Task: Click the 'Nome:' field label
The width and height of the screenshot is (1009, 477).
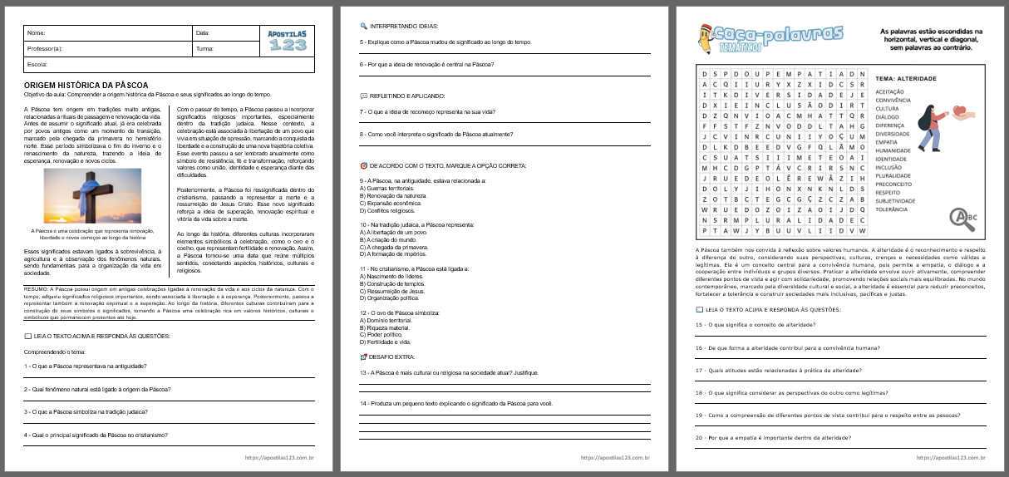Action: [x=36, y=33]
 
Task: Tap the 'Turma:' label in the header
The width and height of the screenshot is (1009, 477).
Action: [x=204, y=48]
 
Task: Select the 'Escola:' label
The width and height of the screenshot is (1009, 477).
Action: [x=37, y=64]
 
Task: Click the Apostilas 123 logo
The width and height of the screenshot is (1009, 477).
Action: [x=288, y=40]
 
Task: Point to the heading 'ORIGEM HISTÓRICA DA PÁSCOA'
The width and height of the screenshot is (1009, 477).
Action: [x=86, y=86]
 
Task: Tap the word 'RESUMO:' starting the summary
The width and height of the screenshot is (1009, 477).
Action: [x=37, y=288]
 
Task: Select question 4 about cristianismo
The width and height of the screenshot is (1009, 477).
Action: [x=96, y=435]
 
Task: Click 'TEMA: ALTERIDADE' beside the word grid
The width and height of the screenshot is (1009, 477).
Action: [x=906, y=78]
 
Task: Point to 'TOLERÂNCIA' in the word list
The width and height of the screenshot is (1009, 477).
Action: [x=892, y=209]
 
